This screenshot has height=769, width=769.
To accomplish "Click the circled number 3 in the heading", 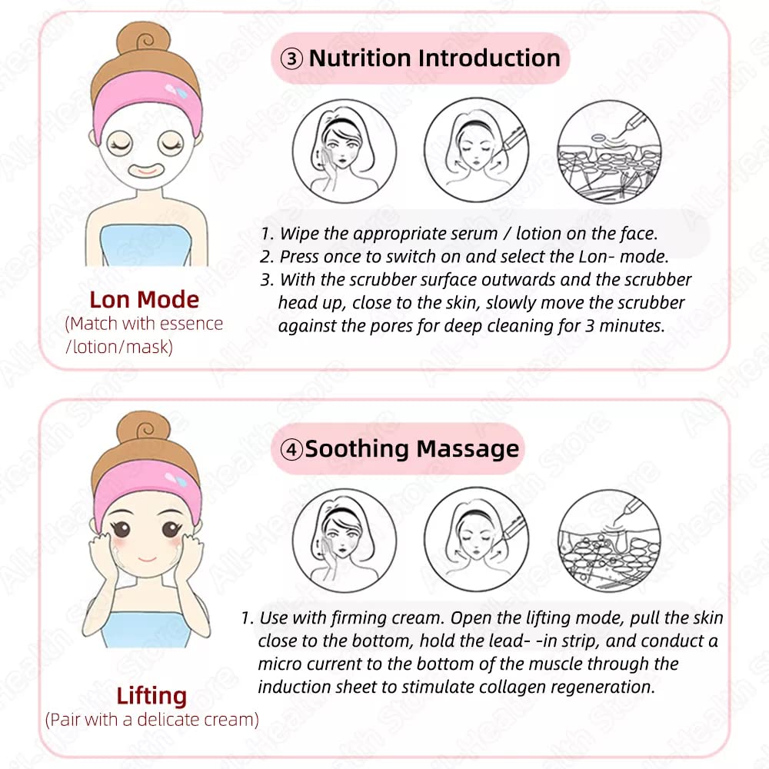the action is (291, 59).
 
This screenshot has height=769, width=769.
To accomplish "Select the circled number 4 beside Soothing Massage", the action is (291, 449).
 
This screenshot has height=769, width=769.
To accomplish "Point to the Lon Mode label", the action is (145, 300).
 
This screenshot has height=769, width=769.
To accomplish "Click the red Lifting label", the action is (151, 696).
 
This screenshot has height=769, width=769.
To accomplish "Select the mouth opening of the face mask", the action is (147, 170).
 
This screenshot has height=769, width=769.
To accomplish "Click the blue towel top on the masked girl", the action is (146, 245).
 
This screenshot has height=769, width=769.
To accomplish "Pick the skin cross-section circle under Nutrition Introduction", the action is (609, 151).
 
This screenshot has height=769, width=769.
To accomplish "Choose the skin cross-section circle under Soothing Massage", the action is (609, 541).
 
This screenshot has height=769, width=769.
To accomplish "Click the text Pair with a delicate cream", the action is (152, 720).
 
